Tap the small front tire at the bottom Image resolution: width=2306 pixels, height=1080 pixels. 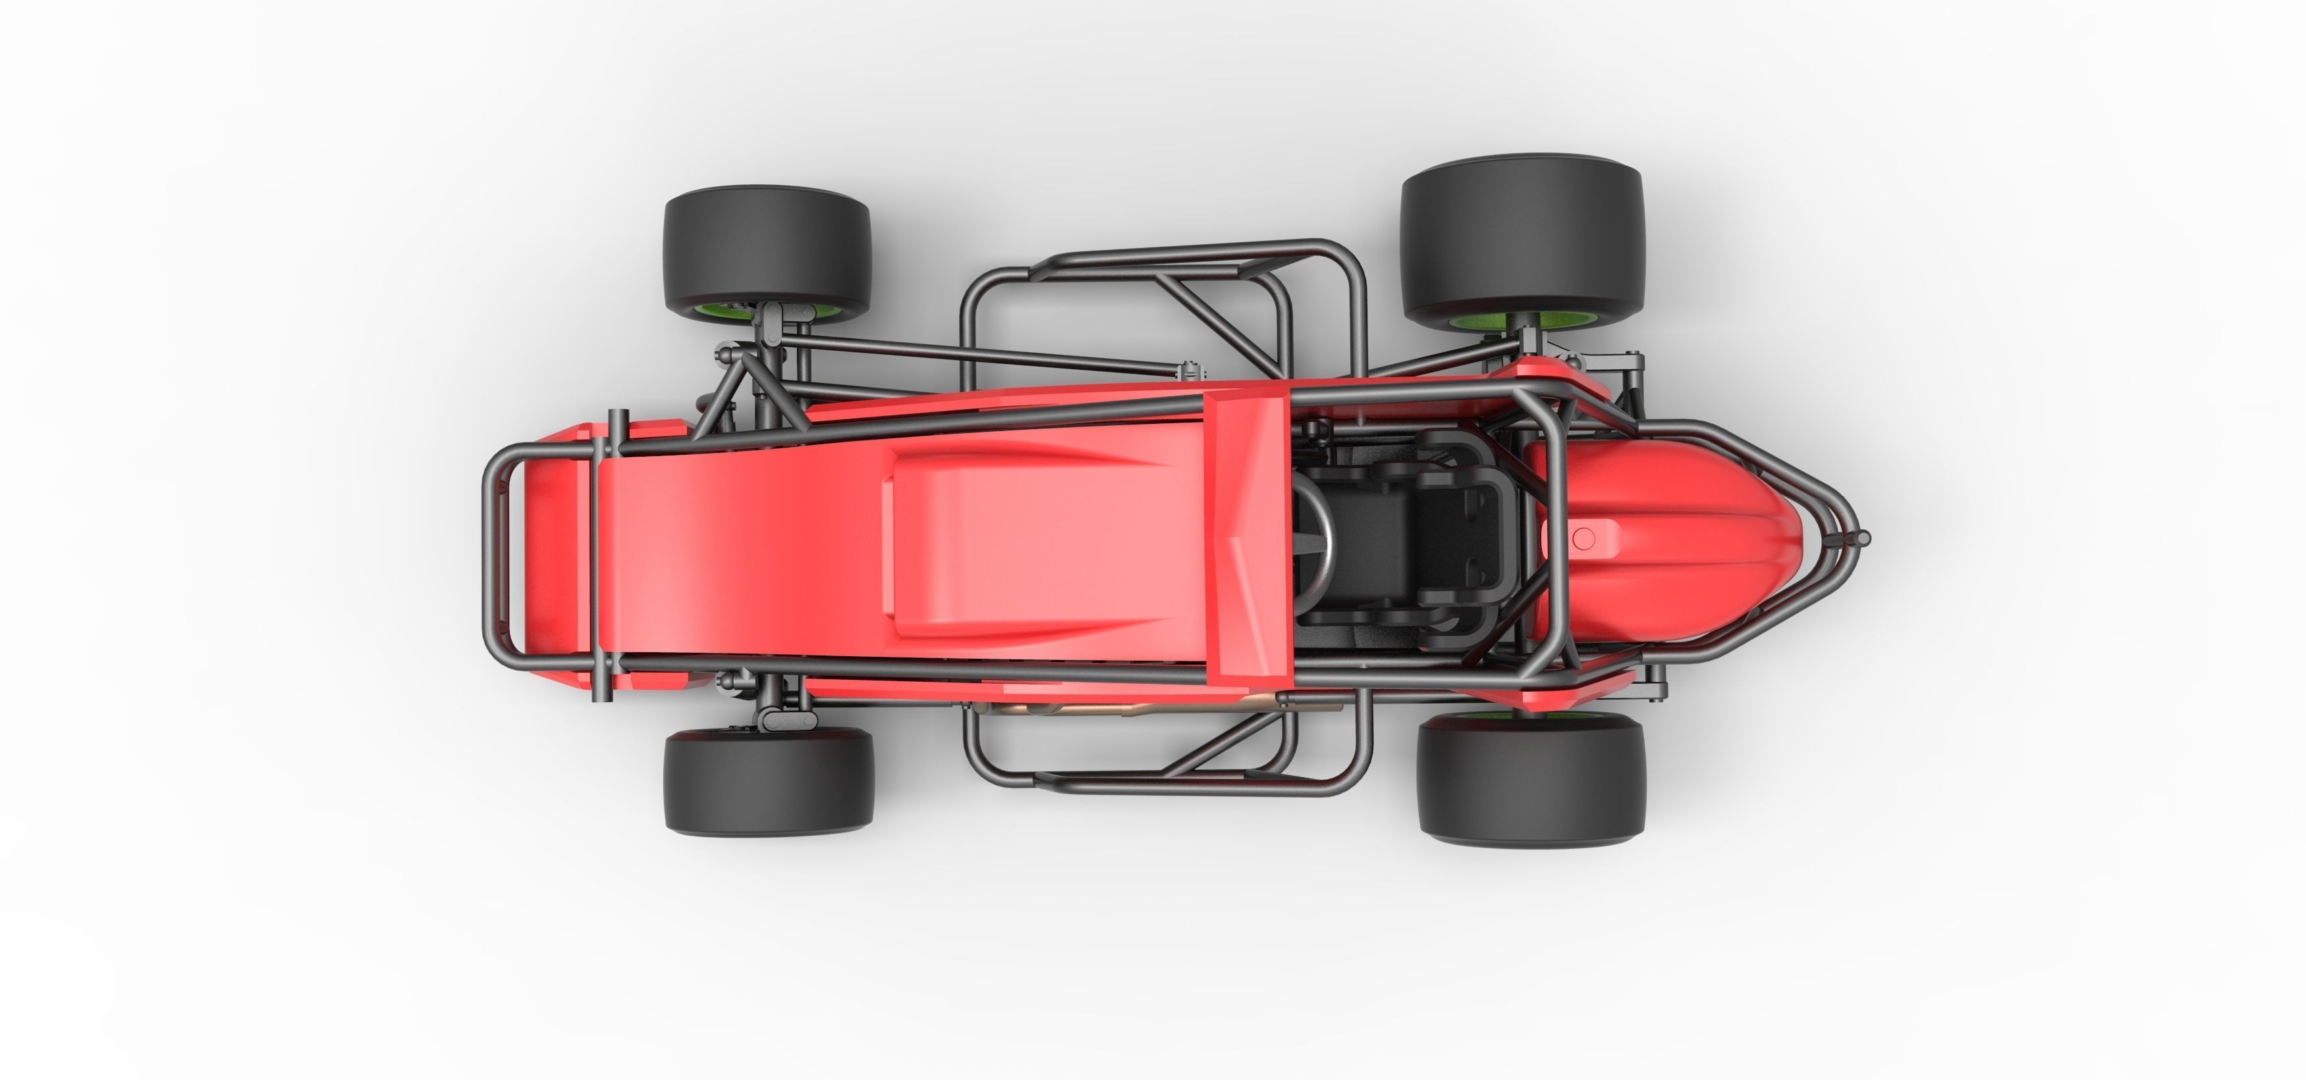click(x=768, y=782)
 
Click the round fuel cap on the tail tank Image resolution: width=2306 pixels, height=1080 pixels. click(x=1583, y=538)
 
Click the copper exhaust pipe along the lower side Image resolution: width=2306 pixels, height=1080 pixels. click(x=1119, y=707)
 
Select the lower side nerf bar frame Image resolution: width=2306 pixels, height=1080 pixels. click(x=1164, y=787)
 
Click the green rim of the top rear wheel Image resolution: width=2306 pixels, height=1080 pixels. click(x=1477, y=321)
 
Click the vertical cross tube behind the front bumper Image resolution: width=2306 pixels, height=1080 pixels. click(x=614, y=555)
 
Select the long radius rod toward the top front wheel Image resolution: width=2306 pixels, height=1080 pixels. click(x=985, y=353)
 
